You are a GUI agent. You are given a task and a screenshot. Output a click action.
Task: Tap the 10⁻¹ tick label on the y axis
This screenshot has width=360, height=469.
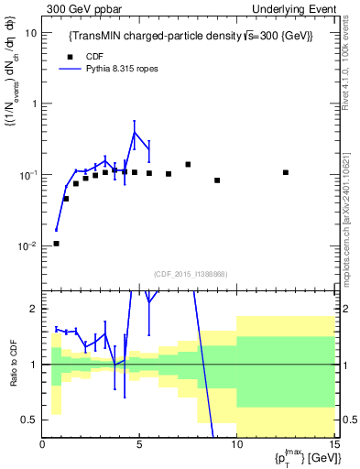(27, 174)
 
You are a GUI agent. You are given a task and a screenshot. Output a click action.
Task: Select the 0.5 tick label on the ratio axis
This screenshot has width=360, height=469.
(30, 420)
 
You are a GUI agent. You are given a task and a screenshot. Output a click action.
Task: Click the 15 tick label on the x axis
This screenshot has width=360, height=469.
(334, 445)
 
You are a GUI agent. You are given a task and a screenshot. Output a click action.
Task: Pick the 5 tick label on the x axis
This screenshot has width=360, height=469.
(138, 445)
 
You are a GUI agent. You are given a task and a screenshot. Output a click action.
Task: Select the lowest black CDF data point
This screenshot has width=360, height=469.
(57, 244)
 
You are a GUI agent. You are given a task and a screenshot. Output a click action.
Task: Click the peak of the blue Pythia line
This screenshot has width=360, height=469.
(135, 133)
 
